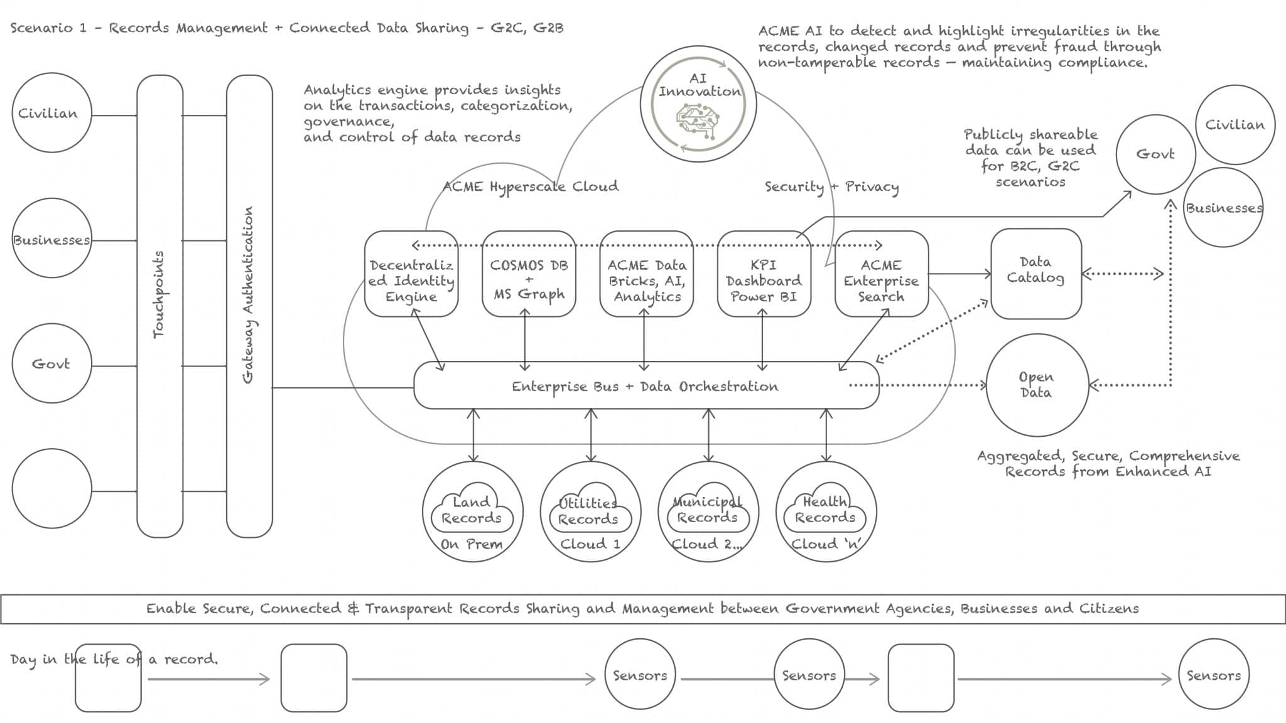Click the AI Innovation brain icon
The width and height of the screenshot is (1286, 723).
[698, 121]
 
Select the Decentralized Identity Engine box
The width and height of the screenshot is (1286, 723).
[411, 274]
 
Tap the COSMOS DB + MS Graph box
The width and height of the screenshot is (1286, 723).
[529, 274]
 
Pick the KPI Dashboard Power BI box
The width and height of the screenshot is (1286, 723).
[764, 274]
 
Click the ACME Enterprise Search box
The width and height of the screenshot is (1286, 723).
[881, 274]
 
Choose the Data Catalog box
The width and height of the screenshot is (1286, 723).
[1035, 274]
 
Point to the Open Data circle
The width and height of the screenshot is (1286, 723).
[1037, 385]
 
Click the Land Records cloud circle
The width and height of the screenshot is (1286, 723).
[472, 511]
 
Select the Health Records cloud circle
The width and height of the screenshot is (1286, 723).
[826, 511]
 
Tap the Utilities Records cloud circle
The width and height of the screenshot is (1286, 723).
[590, 511]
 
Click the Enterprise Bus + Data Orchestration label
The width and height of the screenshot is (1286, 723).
[645, 387]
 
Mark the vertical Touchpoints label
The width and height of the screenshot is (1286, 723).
[159, 295]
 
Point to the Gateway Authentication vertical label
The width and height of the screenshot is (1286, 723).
[249, 295]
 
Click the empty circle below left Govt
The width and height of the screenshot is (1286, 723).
[51, 488]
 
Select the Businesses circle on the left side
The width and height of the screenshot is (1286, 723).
[51, 240]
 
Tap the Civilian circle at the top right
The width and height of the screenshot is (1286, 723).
[1235, 125]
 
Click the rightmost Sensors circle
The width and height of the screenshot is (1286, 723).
[1213, 675]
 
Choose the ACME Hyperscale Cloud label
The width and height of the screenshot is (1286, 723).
[531, 186]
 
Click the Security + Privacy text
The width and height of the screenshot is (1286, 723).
[831, 187]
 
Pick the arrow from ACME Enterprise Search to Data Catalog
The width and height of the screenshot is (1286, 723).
[959, 274]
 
